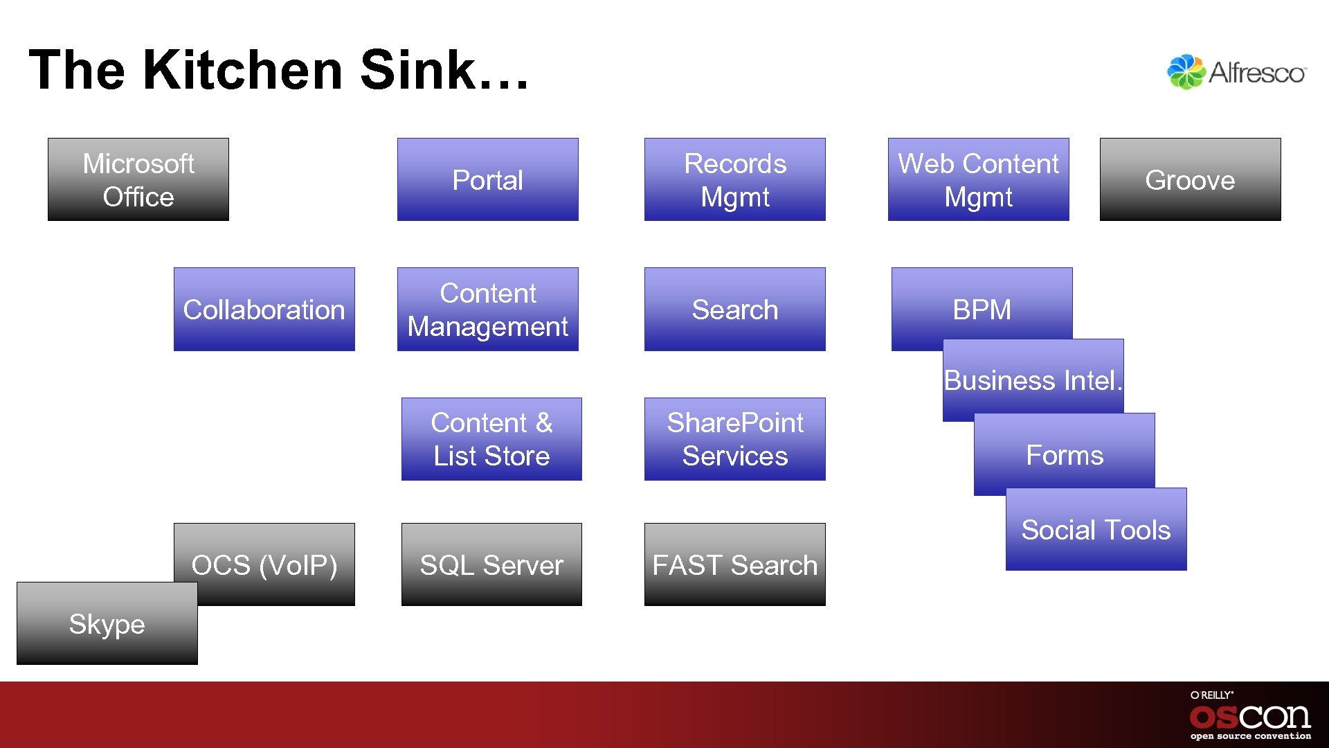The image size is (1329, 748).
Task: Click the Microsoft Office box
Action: pyautogui.click(x=138, y=179)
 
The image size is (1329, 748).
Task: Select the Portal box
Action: pyautogui.click(x=487, y=179)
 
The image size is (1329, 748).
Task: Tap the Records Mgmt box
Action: pyautogui.click(x=734, y=179)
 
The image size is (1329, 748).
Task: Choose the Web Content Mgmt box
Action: pyautogui.click(x=978, y=179)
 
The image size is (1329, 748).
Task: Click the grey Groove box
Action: pyautogui.click(x=1190, y=179)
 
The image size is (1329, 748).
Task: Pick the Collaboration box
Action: pyautogui.click(x=264, y=309)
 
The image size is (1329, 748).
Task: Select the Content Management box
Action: pyautogui.click(x=487, y=309)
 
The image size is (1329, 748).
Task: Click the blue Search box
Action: pyautogui.click(x=734, y=309)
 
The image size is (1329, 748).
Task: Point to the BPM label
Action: pyautogui.click(x=982, y=309)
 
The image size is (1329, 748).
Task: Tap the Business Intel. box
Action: pyautogui.click(x=1033, y=380)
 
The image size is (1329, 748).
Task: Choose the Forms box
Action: pyautogui.click(x=1064, y=455)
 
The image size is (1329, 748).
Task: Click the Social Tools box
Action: pyautogui.click(x=1096, y=530)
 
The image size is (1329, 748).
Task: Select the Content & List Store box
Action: pyautogui.click(x=491, y=439)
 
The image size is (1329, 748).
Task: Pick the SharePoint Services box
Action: pyautogui.click(x=734, y=439)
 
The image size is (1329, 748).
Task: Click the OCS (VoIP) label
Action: pyautogui.click(x=264, y=564)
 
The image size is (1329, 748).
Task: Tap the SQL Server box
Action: pyautogui.click(x=491, y=564)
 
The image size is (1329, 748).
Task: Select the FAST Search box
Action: pyautogui.click(x=734, y=564)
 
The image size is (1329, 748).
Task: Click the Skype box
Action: pyautogui.click(x=107, y=624)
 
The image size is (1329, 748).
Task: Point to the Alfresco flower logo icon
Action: pyautogui.click(x=1186, y=72)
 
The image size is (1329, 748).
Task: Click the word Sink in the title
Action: pyautogui.click(x=417, y=70)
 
